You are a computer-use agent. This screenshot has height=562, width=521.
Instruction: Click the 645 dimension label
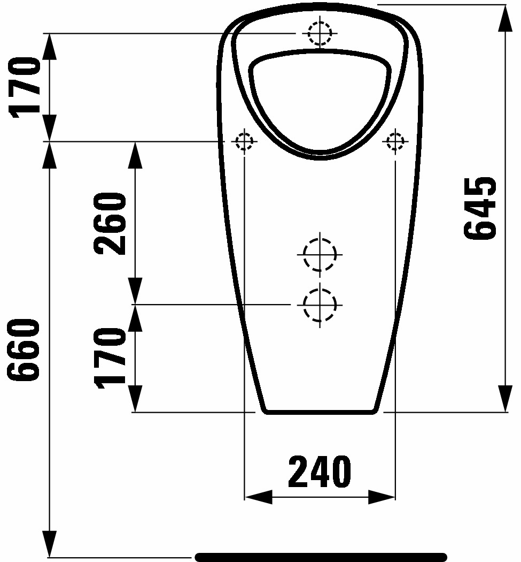[480, 208]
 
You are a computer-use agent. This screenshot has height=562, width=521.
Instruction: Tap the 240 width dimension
[320, 472]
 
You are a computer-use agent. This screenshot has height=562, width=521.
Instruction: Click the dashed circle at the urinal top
[320, 33]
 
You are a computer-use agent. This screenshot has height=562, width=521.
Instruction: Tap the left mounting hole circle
[244, 141]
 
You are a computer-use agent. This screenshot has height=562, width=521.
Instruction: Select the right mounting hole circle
[395, 141]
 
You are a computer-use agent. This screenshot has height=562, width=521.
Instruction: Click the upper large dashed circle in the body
[320, 254]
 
